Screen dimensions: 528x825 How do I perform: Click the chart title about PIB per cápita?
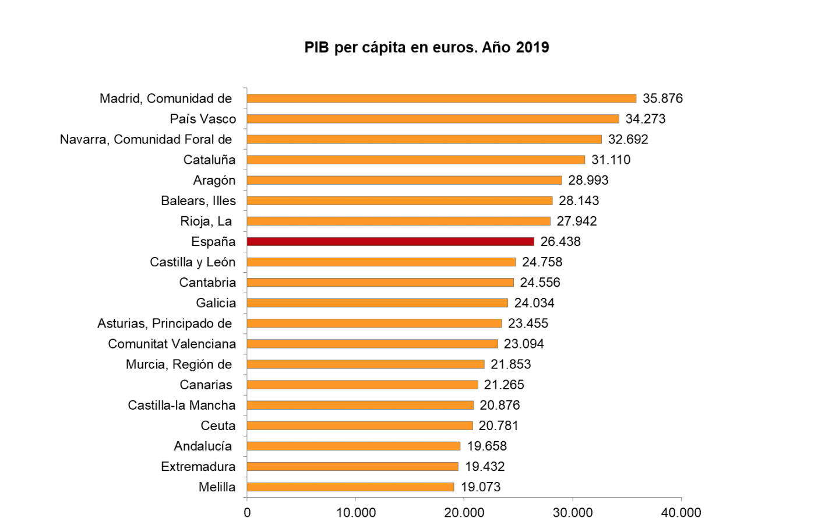coord(426,47)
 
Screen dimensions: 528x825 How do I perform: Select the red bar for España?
coord(390,241)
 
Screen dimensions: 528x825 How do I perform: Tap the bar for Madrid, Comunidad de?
coord(441,98)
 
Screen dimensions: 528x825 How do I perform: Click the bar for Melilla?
coord(350,487)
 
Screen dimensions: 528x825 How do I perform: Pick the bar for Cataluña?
coord(415,160)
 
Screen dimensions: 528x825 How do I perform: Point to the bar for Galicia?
coord(377,303)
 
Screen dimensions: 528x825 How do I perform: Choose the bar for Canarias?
coord(362,385)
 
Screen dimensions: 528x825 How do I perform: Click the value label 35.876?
coord(662,98)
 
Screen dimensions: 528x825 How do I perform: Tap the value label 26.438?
coord(560,241)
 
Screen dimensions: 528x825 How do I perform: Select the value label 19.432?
coord(484,466)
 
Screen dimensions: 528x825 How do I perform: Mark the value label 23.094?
coord(524,344)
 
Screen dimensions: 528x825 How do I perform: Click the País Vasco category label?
coord(203,119)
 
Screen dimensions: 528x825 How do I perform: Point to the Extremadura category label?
coord(198,466)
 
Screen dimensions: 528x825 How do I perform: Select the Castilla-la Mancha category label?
coord(182,405)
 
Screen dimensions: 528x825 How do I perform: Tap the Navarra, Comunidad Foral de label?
coord(146,139)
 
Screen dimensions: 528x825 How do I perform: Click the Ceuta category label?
coord(218,425)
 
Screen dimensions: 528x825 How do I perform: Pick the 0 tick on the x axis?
coord(247,513)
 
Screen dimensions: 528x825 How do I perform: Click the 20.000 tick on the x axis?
coord(464,513)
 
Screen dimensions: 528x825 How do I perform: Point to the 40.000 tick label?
coord(681,513)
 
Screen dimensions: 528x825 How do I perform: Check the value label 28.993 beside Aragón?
coord(588,180)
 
